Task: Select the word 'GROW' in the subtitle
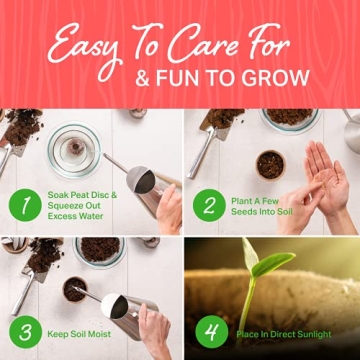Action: coord(277,77)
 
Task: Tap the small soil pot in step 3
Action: coord(75,288)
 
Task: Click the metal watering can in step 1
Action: coord(145,185)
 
